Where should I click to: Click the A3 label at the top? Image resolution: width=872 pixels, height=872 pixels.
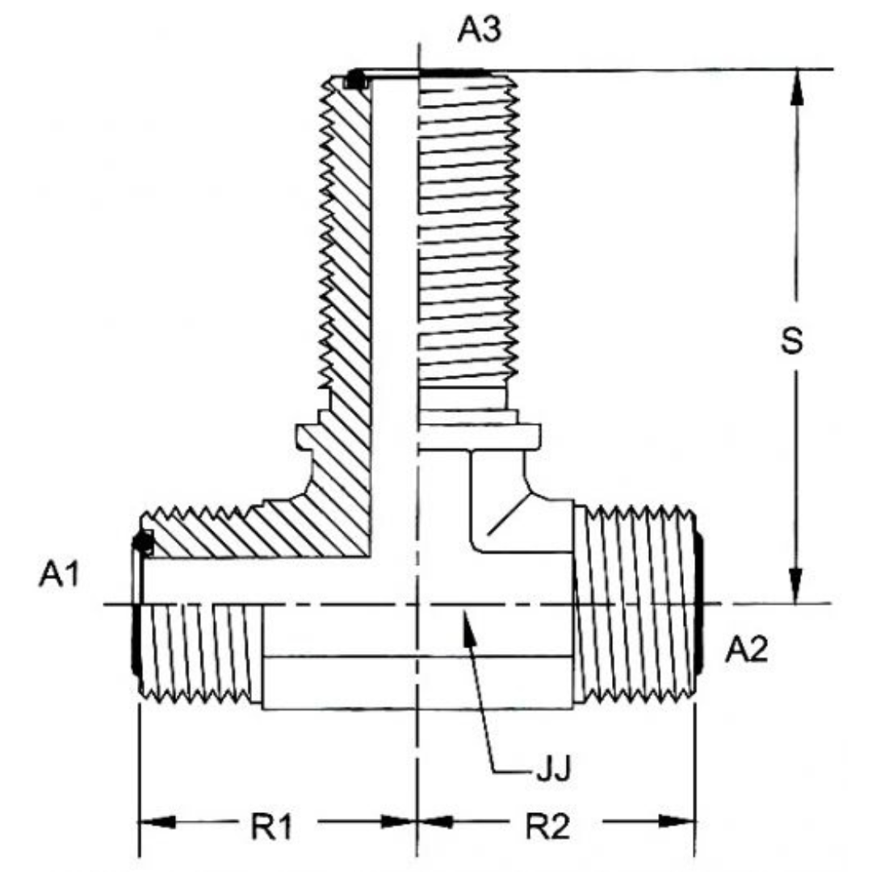pos(480,29)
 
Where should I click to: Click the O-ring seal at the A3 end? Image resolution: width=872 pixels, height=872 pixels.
pos(354,81)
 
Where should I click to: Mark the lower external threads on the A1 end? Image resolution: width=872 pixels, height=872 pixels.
pos(199,652)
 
